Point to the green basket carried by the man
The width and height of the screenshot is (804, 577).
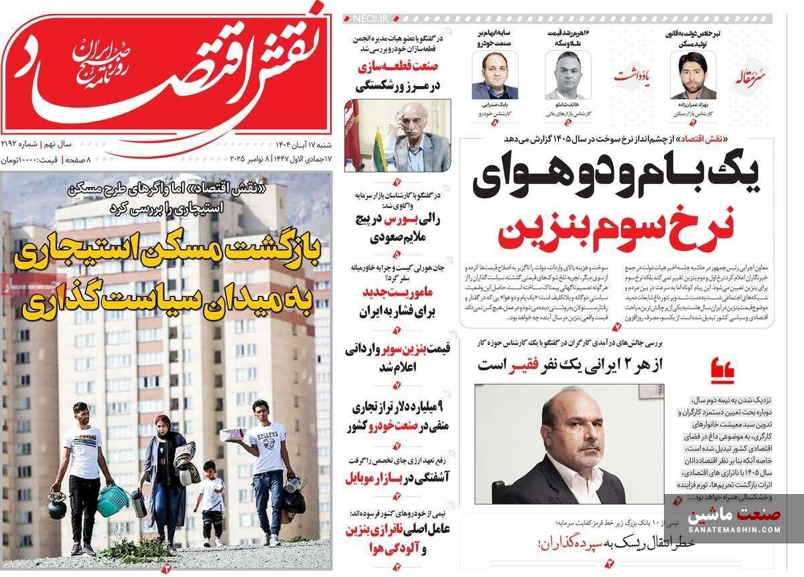pyautogui.click(x=112, y=500)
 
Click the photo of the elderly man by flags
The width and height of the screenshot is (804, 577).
pyautogui.click(x=397, y=135)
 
